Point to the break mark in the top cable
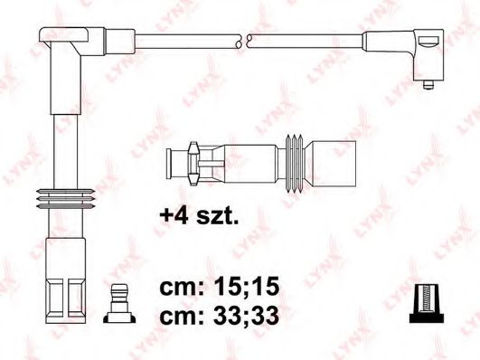pos(242,40)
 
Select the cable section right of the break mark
pos(303,40)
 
